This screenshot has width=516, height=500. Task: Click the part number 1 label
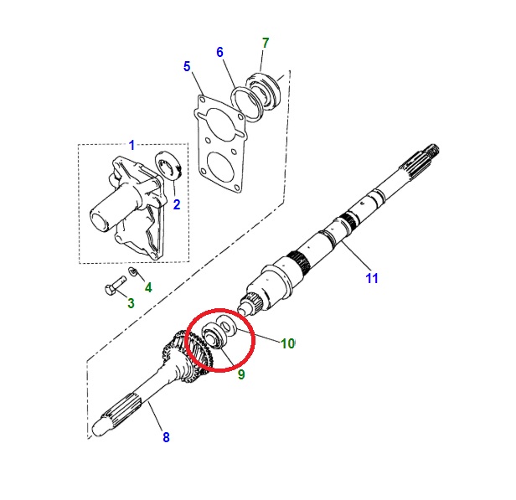pyautogui.click(x=131, y=146)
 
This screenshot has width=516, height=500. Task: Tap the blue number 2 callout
pyautogui.click(x=177, y=204)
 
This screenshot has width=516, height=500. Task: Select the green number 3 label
pyautogui.click(x=131, y=302)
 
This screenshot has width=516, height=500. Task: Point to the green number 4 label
pyautogui.click(x=148, y=287)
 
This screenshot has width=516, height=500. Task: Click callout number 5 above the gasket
pyautogui.click(x=187, y=67)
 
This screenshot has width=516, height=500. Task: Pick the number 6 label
pyautogui.click(x=219, y=52)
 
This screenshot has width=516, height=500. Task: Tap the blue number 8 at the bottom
pyautogui.click(x=165, y=436)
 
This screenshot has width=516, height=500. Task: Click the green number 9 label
pyautogui.click(x=240, y=374)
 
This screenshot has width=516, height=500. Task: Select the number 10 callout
pyautogui.click(x=287, y=343)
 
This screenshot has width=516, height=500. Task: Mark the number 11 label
pyautogui.click(x=372, y=278)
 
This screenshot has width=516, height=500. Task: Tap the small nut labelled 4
pyautogui.click(x=134, y=273)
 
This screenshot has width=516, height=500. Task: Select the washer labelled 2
pyautogui.click(x=171, y=165)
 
